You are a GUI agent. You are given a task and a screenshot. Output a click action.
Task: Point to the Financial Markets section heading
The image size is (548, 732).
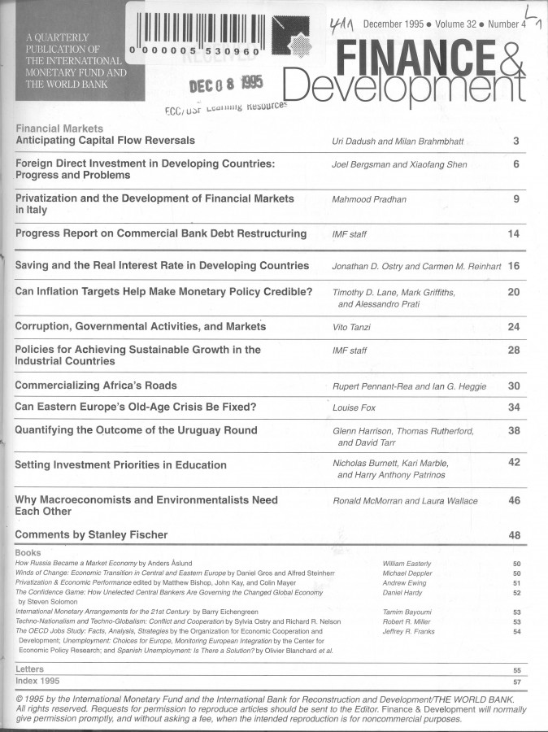[59, 129]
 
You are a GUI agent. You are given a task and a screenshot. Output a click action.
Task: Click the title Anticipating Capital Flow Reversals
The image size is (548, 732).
[105, 141]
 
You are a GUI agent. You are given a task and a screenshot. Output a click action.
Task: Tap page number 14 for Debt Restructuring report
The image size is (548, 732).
[513, 234]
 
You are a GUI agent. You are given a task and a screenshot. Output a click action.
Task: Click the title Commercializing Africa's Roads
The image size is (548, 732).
[96, 385]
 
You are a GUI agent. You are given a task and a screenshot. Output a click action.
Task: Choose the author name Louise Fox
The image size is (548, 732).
[354, 407]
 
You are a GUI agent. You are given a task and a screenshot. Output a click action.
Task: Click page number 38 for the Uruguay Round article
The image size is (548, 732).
[513, 430]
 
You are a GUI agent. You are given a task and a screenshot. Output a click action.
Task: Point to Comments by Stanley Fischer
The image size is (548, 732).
[91, 534]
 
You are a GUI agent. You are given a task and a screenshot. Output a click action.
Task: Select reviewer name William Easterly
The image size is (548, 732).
[407, 563]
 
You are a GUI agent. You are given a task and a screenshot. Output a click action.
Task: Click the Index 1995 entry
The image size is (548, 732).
[37, 680]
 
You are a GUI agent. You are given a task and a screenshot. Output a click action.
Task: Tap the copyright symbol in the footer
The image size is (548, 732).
[20, 699]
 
